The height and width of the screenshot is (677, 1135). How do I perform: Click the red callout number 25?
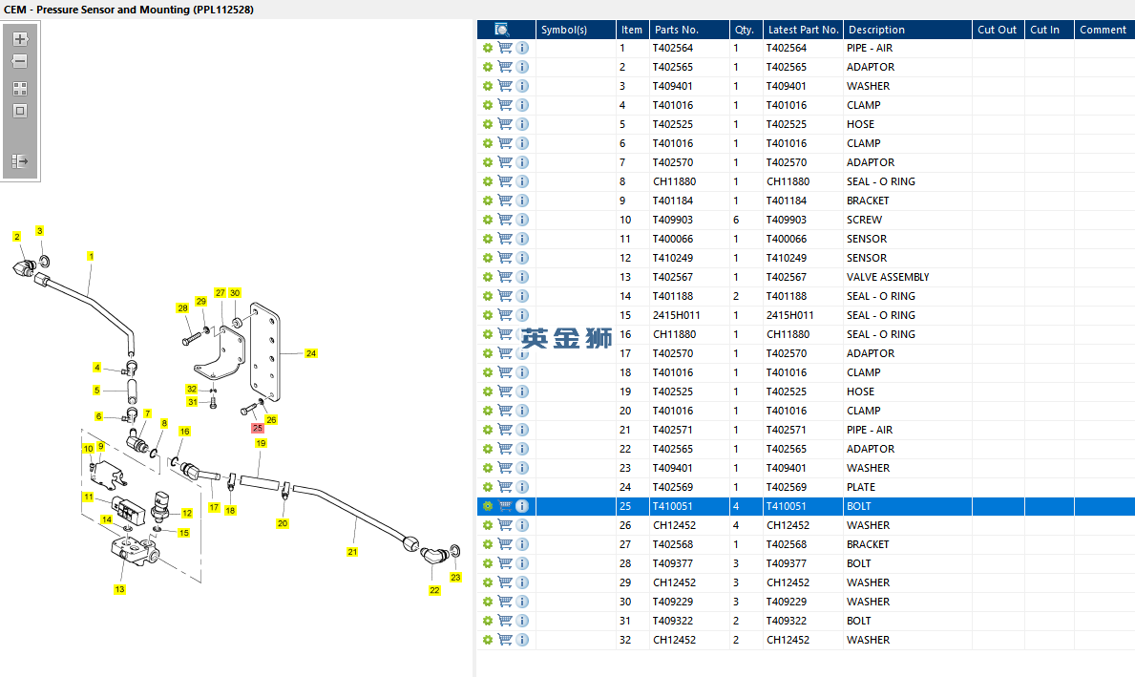pyautogui.click(x=258, y=429)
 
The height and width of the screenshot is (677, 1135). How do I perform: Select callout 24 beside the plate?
pyautogui.click(x=311, y=353)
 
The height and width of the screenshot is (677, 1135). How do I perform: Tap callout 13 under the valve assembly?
pyautogui.click(x=119, y=589)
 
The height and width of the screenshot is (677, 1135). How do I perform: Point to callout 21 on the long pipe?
pyautogui.click(x=352, y=552)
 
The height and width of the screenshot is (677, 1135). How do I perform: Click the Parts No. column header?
pyautogui.click(x=676, y=30)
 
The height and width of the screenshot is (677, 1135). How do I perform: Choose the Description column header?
pyautogui.click(x=876, y=30)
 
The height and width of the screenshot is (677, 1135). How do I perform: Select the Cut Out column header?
pyautogui.click(x=997, y=30)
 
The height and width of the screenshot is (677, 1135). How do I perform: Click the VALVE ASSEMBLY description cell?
pyautogui.click(x=887, y=277)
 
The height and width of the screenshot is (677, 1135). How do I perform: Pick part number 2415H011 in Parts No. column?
pyautogui.click(x=676, y=315)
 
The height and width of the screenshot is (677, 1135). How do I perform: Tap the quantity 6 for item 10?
pyautogui.click(x=736, y=220)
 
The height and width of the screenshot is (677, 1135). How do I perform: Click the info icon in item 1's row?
pyautogui.click(x=522, y=48)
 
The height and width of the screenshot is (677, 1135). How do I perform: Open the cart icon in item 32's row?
pyautogui.click(x=505, y=640)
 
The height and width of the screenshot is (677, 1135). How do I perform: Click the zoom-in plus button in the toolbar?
pyautogui.click(x=20, y=39)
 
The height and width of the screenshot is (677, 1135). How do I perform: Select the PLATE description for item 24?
pyautogui.click(x=860, y=487)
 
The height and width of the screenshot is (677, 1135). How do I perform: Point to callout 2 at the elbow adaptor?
pyautogui.click(x=16, y=236)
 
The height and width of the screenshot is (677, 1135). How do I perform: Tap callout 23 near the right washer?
pyautogui.click(x=455, y=577)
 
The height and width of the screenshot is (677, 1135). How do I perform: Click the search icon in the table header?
pyautogui.click(x=502, y=30)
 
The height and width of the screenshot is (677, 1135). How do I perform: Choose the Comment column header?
pyautogui.click(x=1103, y=30)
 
